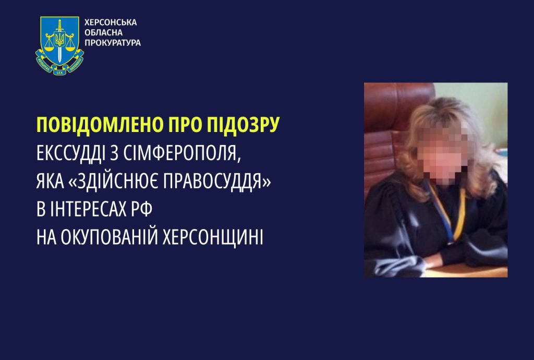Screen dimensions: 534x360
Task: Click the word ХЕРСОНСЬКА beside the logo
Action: (111, 22)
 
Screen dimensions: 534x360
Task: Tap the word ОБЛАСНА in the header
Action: (103, 33)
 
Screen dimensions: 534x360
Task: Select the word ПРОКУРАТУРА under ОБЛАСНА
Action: (113, 43)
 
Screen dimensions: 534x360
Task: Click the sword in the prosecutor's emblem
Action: (60, 40)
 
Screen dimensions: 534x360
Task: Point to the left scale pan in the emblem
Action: (49, 46)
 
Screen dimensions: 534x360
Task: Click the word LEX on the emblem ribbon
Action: (59, 72)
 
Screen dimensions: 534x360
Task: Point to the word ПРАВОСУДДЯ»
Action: (217, 182)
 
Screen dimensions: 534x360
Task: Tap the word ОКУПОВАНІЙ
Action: (109, 237)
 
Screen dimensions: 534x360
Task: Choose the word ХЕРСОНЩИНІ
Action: (213, 237)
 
